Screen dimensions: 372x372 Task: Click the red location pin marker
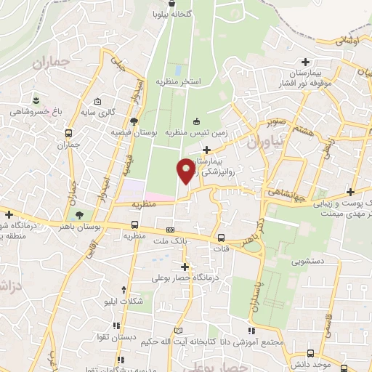coord(186,170)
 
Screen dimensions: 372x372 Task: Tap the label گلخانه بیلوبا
coord(172,14)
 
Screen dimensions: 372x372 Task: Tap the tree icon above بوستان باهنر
coord(78,215)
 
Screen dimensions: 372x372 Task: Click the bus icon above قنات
coord(222,237)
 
